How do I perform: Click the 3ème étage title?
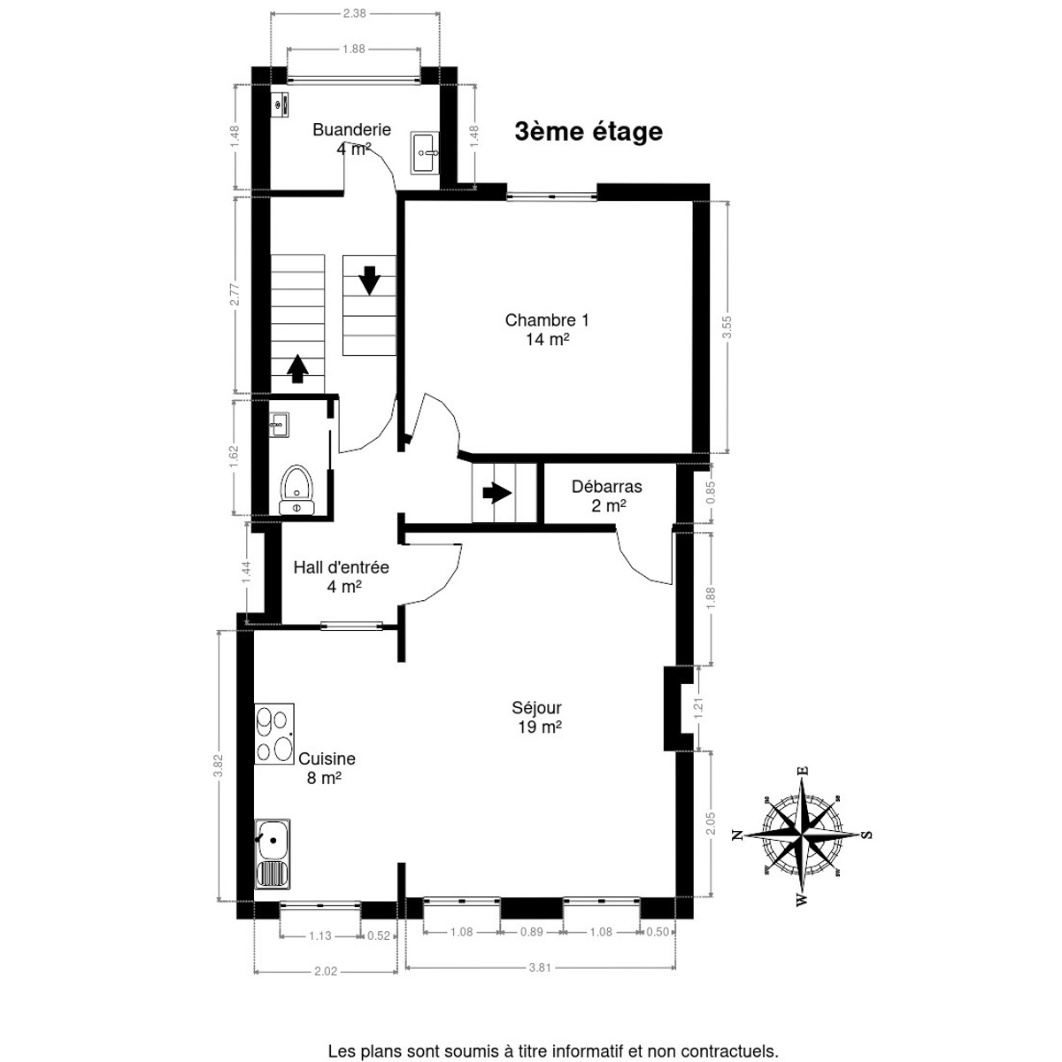click(589, 131)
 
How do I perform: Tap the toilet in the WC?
click(297, 490)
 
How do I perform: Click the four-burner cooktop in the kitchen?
click(273, 734)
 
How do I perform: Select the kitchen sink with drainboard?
click(273, 854)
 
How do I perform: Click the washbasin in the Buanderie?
click(425, 152)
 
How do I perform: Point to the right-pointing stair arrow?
click(496, 493)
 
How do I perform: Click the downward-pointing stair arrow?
click(369, 281)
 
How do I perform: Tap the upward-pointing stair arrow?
click(297, 368)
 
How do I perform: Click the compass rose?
click(804, 836)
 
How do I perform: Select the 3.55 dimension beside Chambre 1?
click(727, 327)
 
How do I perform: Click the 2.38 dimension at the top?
click(354, 13)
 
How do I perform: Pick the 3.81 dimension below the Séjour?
click(540, 967)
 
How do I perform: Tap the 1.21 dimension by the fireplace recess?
click(699, 708)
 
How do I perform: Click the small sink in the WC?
click(279, 425)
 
